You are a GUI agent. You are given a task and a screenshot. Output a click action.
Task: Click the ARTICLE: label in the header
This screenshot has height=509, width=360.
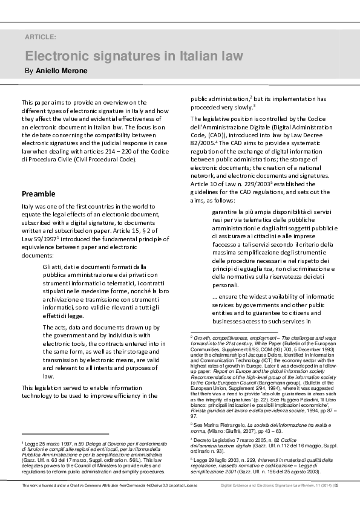pyautogui.click(x=41, y=37)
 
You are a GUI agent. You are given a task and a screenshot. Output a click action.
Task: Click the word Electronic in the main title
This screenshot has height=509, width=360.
pyautogui.click(x=56, y=56)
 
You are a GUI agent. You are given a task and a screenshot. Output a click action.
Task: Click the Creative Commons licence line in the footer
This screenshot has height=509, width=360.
pyautogui.click(x=110, y=502)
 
